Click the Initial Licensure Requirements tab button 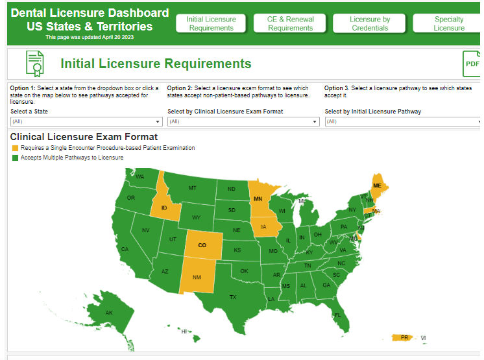pos(211,23)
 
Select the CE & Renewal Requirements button pos(290,23)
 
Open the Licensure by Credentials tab pos(370,23)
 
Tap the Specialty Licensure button pos(448,23)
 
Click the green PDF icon pos(472,64)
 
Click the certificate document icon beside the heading pos(35,64)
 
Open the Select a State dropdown pos(86,121)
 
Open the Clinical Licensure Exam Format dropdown pos(243,121)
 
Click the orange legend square pos(15,148)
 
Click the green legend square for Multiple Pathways pos(15,158)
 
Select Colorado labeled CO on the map pos(202,245)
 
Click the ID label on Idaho pos(165,208)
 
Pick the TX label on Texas pos(233,297)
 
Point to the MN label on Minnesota pos(258,199)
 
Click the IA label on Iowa pos(263,227)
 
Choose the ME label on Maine pos(377,186)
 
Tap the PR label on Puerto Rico pos(404,337)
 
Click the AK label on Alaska pos(109,313)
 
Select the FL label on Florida pos(337,316)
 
